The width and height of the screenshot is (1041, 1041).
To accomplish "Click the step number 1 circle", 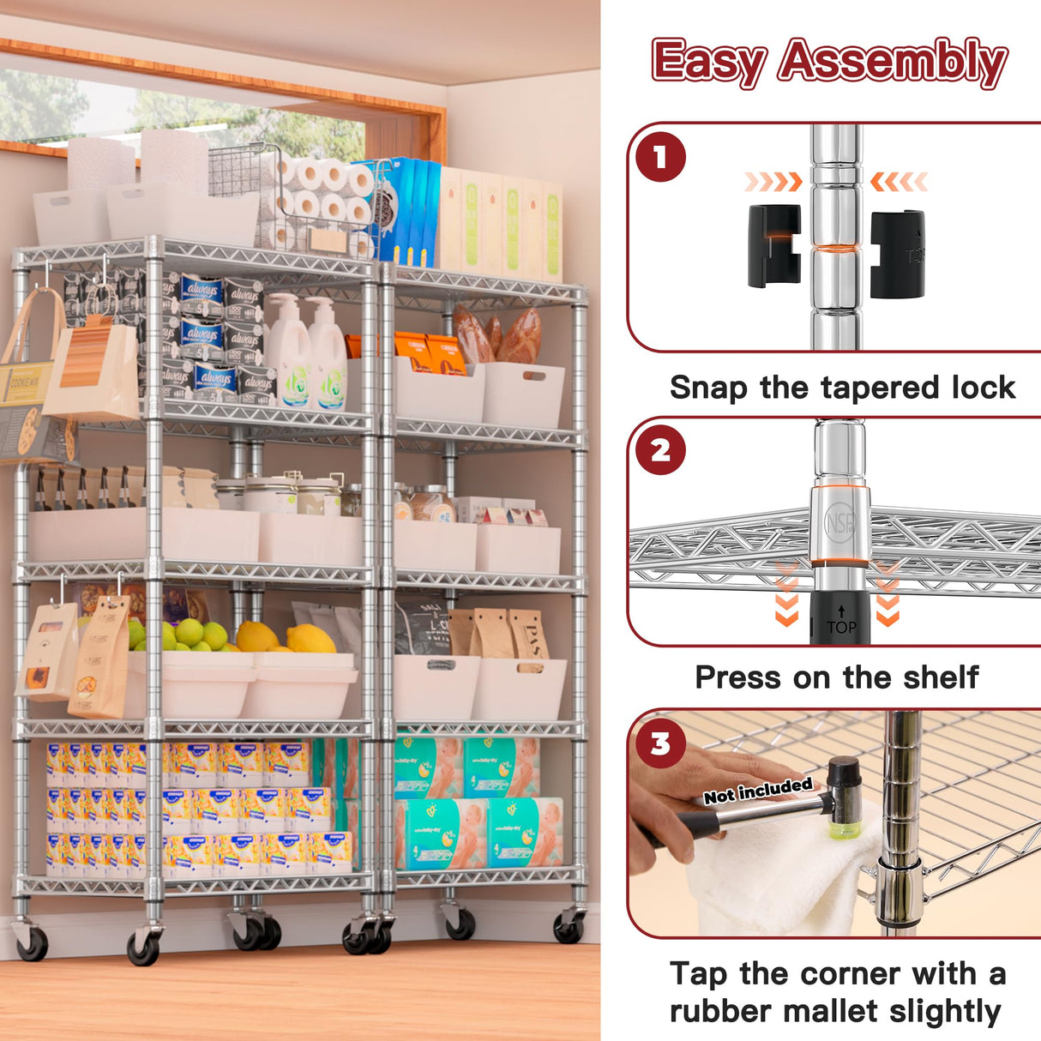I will [x=659, y=157].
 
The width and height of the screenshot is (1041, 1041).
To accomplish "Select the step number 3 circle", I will [x=659, y=743].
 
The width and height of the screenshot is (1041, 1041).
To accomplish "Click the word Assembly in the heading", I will [x=892, y=62].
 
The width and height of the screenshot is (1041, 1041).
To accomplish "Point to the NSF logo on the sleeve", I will [x=839, y=523].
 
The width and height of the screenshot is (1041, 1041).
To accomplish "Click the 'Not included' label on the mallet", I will [x=757, y=791].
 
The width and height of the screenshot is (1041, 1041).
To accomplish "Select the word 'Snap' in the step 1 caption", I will [x=708, y=388].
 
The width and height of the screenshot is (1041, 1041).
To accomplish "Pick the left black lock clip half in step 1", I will [x=773, y=246].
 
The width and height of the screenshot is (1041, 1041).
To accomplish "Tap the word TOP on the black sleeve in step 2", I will [x=841, y=627].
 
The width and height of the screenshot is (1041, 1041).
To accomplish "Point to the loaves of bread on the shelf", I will [x=497, y=336].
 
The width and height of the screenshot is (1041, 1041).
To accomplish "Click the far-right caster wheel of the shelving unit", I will [x=569, y=927].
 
